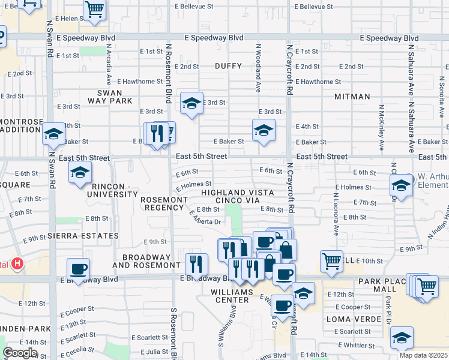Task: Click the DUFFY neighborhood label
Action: [228, 67]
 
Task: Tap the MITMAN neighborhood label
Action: [353, 95]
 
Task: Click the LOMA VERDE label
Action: [351, 319]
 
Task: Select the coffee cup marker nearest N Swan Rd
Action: [78, 268]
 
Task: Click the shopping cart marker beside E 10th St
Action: [331, 260]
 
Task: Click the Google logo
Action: [20, 353]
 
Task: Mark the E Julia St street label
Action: [146, 352]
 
